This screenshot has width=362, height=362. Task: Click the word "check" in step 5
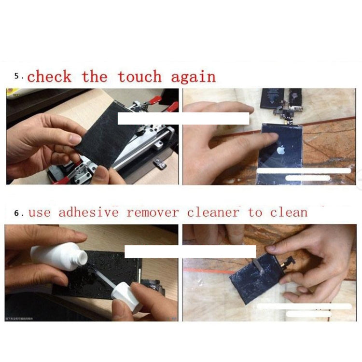click(x=49, y=77)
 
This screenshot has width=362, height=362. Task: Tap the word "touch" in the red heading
click(x=139, y=77)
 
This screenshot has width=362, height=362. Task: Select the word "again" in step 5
click(x=193, y=77)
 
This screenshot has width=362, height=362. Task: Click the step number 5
click(x=17, y=76)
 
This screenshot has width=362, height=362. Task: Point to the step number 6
click(x=17, y=213)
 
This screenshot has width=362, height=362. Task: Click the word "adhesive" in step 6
click(x=88, y=212)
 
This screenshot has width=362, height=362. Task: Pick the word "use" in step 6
click(x=39, y=213)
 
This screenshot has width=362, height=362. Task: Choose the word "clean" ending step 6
click(x=288, y=212)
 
